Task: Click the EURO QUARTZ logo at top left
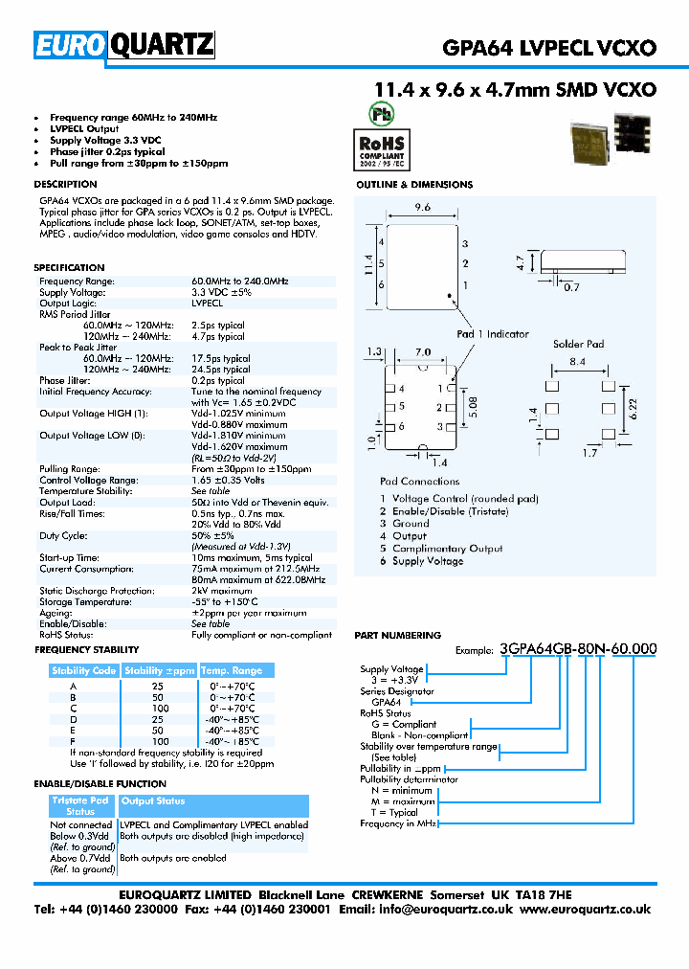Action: pyautogui.click(x=124, y=45)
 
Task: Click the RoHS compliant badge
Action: pyautogui.click(x=382, y=146)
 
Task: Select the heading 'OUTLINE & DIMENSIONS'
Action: pyautogui.click(x=414, y=185)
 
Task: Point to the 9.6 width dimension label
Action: pyautogui.click(x=422, y=207)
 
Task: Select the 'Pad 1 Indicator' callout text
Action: pyautogui.click(x=492, y=334)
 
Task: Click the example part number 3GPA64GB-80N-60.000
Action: pyautogui.click(x=578, y=648)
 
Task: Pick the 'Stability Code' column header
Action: pyautogui.click(x=84, y=670)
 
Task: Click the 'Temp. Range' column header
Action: pyautogui.click(x=231, y=670)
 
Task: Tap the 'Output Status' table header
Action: pyautogui.click(x=153, y=801)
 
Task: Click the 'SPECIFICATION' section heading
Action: pyautogui.click(x=69, y=268)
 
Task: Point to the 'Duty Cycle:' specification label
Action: pyautogui.click(x=63, y=536)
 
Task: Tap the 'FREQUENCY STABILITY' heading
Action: pyautogui.click(x=86, y=650)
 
